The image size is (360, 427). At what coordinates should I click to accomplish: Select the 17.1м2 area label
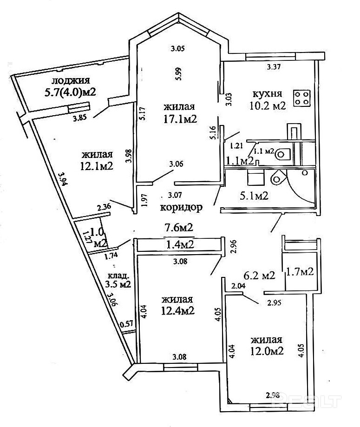177,118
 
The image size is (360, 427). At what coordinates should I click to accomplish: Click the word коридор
182,208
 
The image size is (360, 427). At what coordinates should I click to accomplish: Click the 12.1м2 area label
97,166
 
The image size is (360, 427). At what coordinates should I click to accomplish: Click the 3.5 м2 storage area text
118,283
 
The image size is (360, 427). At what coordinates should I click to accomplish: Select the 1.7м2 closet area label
300,271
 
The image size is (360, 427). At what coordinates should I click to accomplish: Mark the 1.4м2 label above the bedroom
179,244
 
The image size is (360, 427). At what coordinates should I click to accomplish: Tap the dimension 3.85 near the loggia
80,118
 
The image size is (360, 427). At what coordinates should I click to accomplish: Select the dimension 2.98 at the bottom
274,396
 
